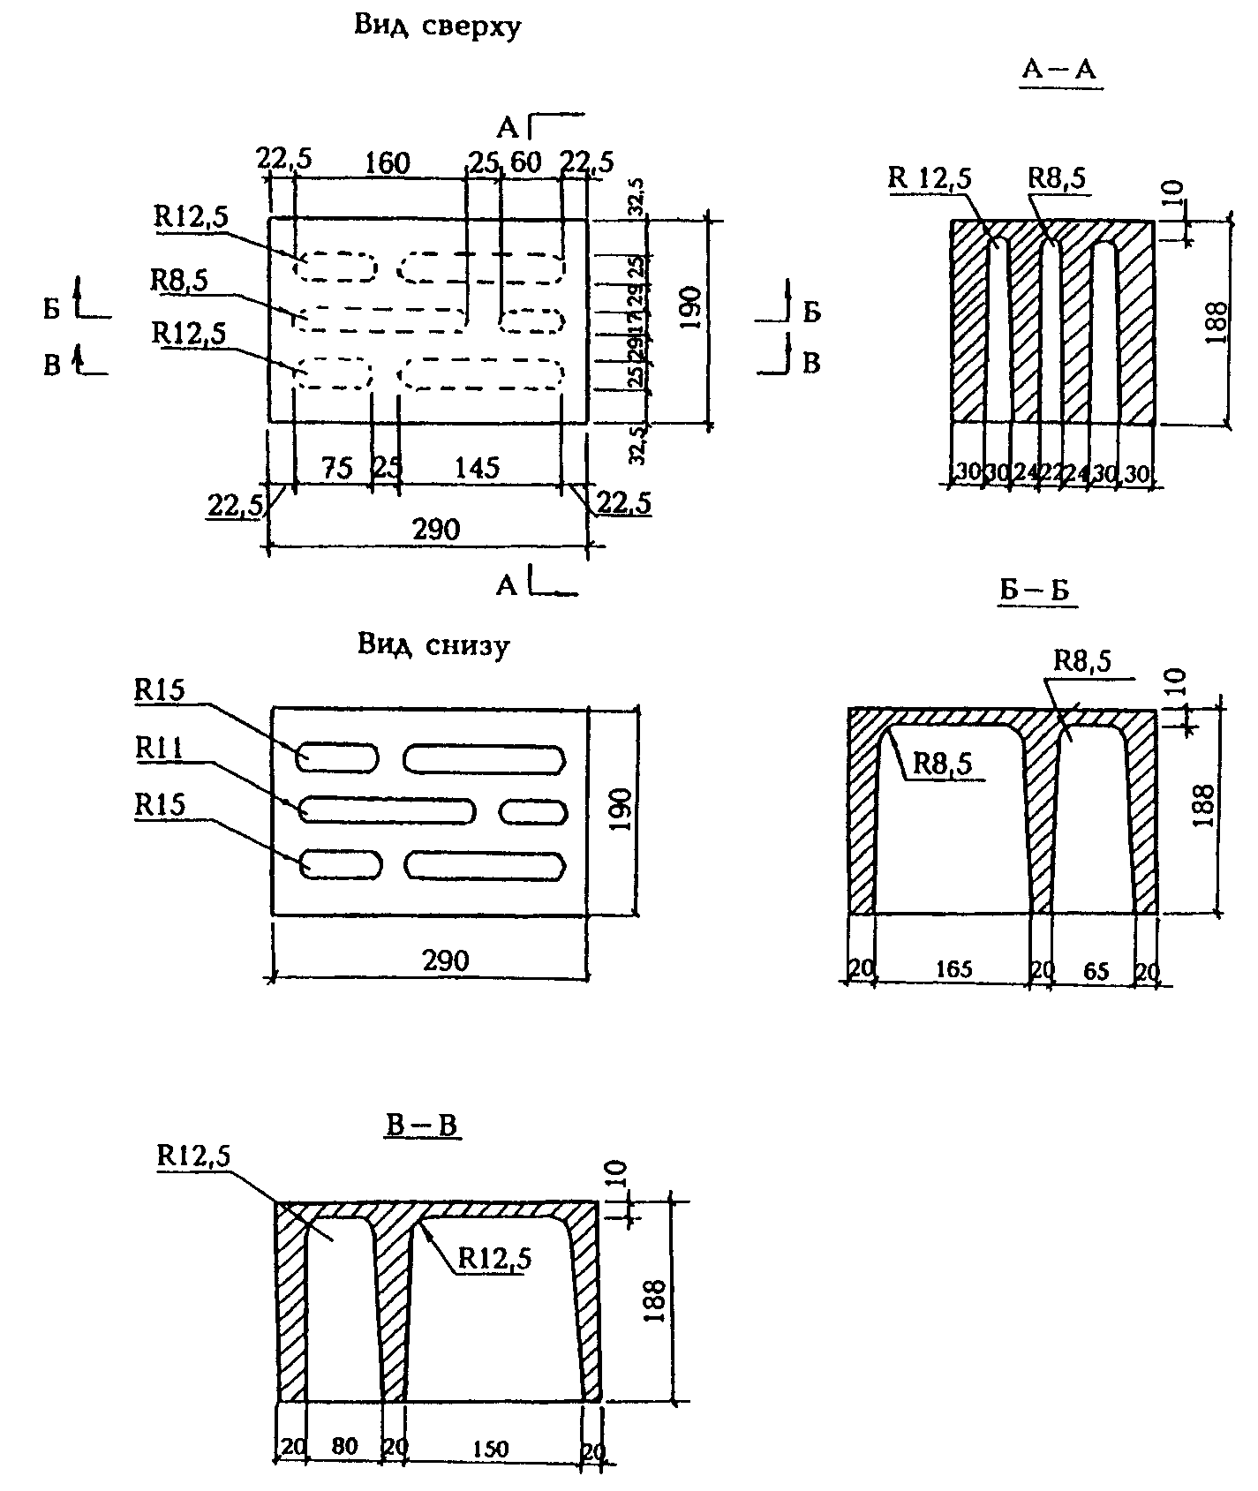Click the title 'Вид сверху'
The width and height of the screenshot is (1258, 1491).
pos(438,26)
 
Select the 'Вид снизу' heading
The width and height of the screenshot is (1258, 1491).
pos(433,645)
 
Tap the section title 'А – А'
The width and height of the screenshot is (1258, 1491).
pos(1058,70)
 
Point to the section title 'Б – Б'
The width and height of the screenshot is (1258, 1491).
pos(1035,591)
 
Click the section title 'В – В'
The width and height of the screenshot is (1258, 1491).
pos(422,1126)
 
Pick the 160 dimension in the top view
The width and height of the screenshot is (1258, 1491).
pos(387,163)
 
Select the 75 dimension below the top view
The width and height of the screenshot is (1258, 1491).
pos(336,467)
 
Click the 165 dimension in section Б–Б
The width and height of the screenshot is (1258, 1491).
pos(954,970)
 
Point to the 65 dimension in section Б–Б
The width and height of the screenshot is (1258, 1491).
pos(1095,971)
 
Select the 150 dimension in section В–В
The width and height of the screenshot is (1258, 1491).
pos(490,1449)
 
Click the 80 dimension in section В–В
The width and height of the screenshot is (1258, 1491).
pos(345,1447)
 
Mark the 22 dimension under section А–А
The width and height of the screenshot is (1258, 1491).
pos(1051,473)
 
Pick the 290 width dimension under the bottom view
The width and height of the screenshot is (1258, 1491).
pos(445,960)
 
